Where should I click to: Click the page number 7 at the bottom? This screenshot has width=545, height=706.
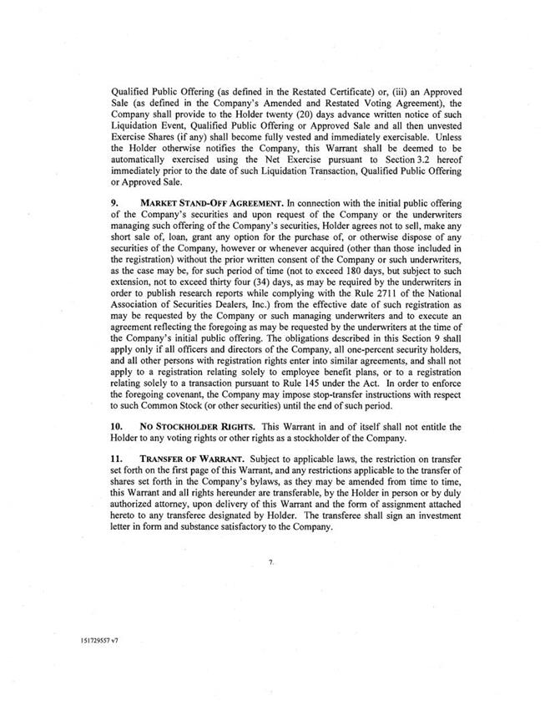272,565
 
